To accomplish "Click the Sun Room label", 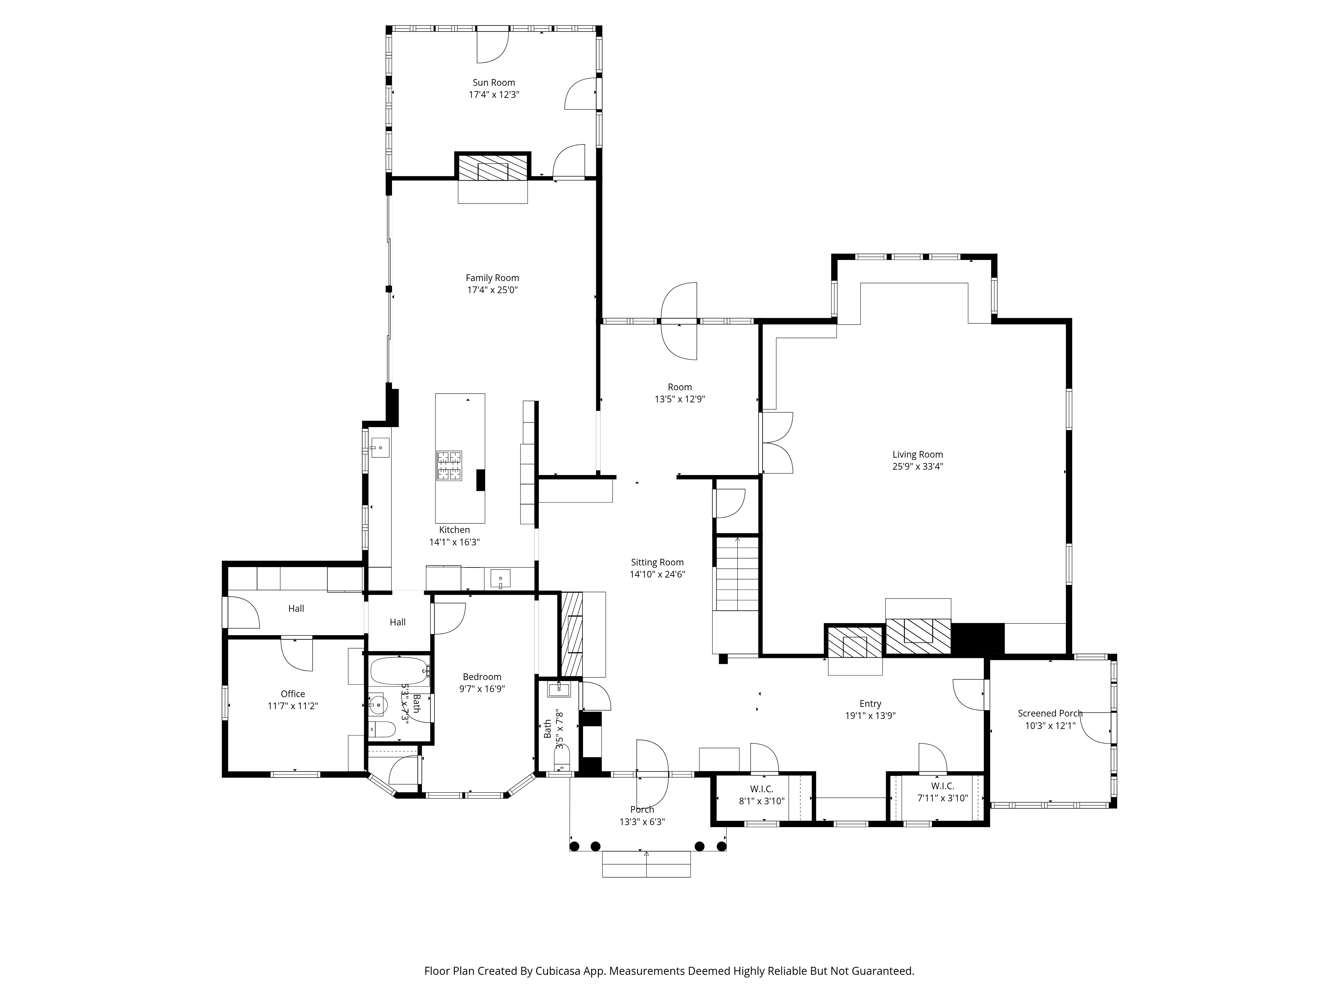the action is [x=494, y=82].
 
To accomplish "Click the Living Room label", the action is [x=918, y=454].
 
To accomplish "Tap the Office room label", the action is [x=293, y=694].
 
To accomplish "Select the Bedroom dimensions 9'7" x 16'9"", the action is [x=482, y=689].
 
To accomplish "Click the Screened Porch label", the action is [x=1050, y=714].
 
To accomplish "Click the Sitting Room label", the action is [x=657, y=562].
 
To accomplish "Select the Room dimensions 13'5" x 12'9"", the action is [x=680, y=399].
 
